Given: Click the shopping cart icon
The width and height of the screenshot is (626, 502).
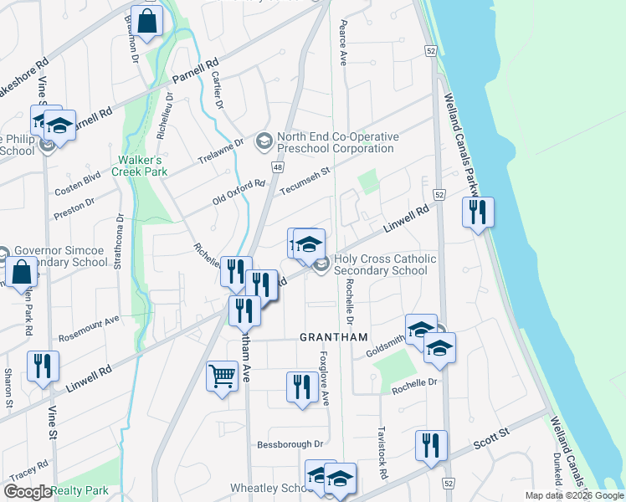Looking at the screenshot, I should click(x=222, y=376).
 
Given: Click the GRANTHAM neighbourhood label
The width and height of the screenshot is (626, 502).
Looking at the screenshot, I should click(x=334, y=337).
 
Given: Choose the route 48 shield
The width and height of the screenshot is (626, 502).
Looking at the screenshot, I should click(x=276, y=167).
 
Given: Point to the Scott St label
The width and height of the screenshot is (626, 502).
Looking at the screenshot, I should click(x=491, y=436).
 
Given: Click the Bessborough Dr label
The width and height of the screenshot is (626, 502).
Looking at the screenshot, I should click(x=290, y=444).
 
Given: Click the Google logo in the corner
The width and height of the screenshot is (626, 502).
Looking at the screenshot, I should click(x=27, y=491).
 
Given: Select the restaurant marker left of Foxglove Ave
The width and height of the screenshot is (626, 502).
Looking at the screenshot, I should click(x=300, y=387).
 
